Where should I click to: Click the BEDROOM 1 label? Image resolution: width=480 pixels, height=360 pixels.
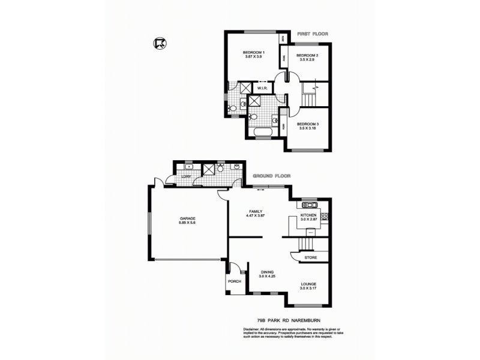[254, 53]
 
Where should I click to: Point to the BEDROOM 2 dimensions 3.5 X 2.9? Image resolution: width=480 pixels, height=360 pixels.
[306, 60]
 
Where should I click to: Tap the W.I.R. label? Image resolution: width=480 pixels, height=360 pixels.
[262, 88]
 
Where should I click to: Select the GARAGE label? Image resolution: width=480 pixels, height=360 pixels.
[187, 218]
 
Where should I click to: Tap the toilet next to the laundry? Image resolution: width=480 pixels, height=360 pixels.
[221, 169]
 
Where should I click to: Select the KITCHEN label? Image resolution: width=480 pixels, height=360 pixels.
[308, 215]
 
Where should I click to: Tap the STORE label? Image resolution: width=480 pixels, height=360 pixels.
[310, 258]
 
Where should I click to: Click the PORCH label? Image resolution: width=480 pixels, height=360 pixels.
[234, 281]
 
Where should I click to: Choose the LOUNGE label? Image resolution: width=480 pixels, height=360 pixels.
[309, 283]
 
